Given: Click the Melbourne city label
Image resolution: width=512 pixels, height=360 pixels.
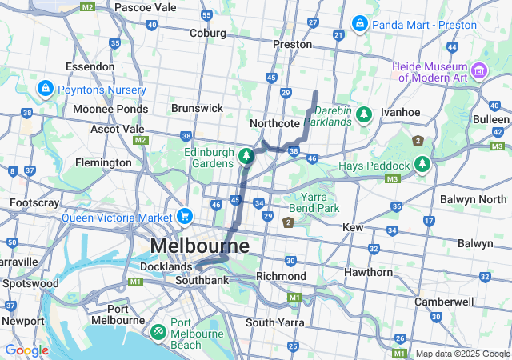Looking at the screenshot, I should coord(199,245).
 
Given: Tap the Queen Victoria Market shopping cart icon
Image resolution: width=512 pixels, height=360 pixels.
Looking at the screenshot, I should coord(186,216).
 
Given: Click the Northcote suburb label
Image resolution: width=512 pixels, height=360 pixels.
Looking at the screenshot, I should coord(274,123).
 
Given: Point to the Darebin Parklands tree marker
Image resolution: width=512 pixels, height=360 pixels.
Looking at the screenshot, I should coord(364,115).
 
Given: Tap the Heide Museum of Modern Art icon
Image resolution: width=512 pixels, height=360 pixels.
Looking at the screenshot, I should coord(480,71).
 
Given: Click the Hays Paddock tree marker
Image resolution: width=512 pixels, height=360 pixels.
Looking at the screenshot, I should coord(422,165).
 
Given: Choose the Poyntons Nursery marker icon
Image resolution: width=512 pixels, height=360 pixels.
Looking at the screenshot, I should coord(45,89).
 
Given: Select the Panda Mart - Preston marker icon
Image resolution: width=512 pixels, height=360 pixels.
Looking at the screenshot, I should coord(359,23).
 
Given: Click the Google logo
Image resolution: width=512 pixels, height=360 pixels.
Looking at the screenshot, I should coord(26,350).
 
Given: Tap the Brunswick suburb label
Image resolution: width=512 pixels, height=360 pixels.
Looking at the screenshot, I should coord(197,108).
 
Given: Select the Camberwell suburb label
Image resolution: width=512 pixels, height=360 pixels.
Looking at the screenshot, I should coord(443,302).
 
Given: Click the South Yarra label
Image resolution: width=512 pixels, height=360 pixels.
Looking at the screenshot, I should coord(271,322).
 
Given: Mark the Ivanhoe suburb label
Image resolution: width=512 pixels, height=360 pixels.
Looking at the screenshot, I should coord(400,113).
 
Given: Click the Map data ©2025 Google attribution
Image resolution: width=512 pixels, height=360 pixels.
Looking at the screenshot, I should coord(462,354).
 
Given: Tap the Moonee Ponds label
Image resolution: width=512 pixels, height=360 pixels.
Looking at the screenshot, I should coord(110,109).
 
